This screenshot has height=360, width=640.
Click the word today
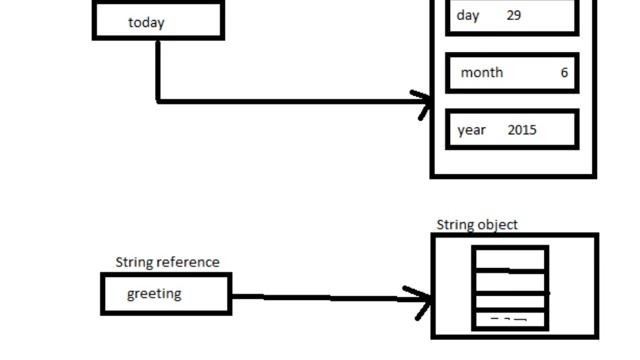click(x=146, y=22)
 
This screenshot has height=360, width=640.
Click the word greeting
click(x=154, y=294)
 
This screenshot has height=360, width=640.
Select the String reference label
click(x=167, y=262)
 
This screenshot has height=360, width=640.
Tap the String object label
click(x=477, y=225)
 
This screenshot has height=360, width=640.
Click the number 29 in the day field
click(x=514, y=15)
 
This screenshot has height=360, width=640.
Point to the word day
click(x=468, y=15)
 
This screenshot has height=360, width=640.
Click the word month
click(x=482, y=72)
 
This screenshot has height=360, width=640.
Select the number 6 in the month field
click(x=564, y=72)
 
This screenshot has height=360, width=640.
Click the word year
click(x=472, y=130)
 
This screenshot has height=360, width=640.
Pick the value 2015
click(x=522, y=130)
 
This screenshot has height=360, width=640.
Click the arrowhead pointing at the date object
click(x=425, y=102)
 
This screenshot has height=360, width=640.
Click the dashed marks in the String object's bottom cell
click(x=509, y=320)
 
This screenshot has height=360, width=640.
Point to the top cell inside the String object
click(x=510, y=259)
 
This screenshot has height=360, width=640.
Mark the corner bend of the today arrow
click(x=158, y=100)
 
